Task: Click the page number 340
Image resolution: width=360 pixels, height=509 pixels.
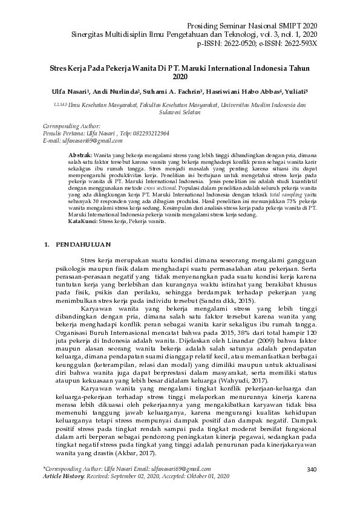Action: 312,470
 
